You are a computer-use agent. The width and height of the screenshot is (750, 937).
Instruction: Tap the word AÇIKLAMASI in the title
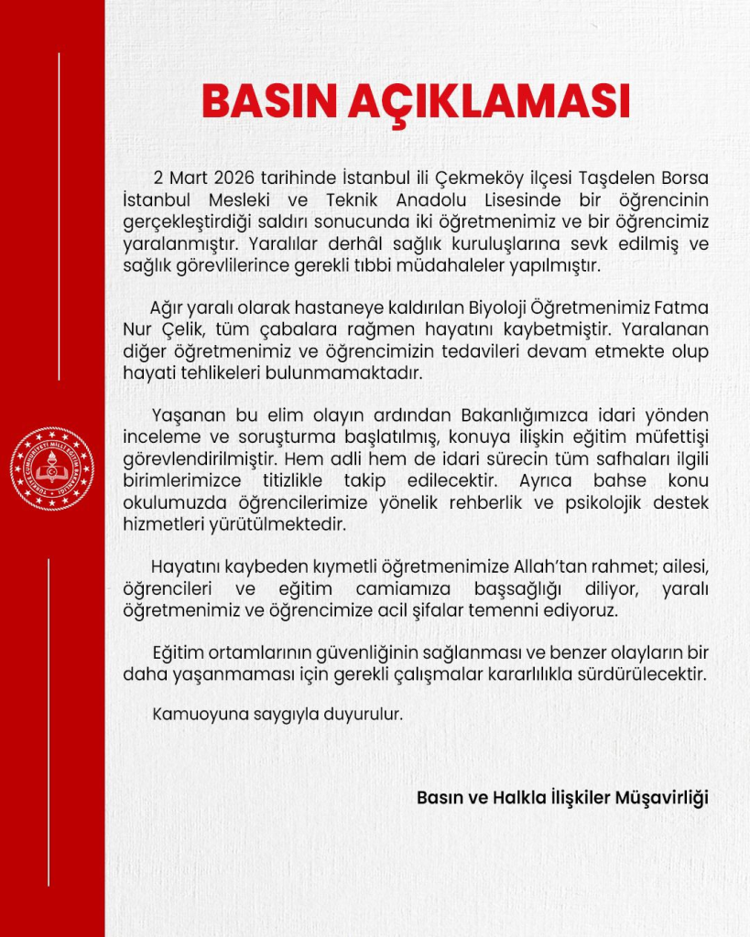click(489, 102)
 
